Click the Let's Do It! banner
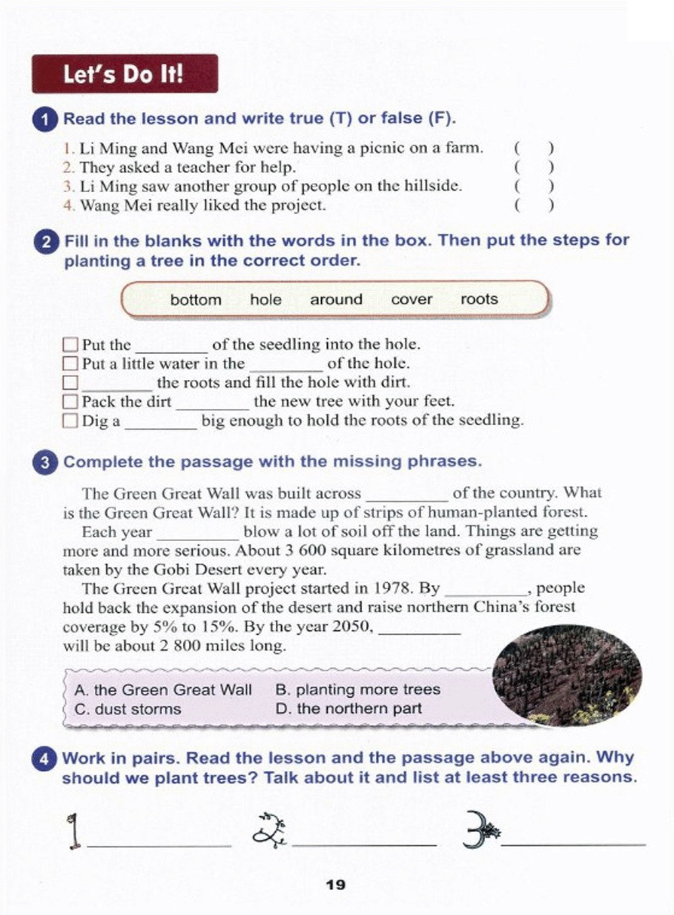(124, 74)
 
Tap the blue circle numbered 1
(45, 120)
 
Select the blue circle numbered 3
(45, 462)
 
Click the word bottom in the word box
(195, 300)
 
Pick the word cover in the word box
(411, 300)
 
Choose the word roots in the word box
(479, 300)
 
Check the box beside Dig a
(70, 421)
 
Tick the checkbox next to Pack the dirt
(70, 402)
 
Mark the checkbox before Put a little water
(70, 363)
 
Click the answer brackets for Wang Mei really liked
(534, 205)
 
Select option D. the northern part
(349, 709)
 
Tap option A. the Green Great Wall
(163, 690)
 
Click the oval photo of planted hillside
(567, 676)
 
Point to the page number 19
(336, 885)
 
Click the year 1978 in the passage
(393, 588)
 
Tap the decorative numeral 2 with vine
(269, 831)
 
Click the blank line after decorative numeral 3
(573, 843)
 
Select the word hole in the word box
(265, 300)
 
